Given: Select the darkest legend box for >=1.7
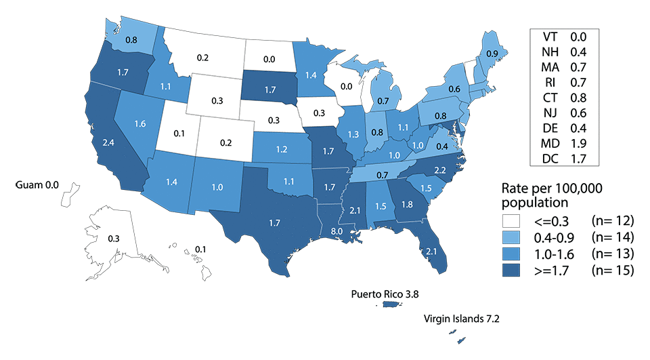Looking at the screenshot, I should (516, 271).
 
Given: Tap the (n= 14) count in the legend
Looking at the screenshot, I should (613, 237).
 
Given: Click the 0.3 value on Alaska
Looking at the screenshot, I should (115, 238).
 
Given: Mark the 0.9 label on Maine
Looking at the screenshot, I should (493, 54).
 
